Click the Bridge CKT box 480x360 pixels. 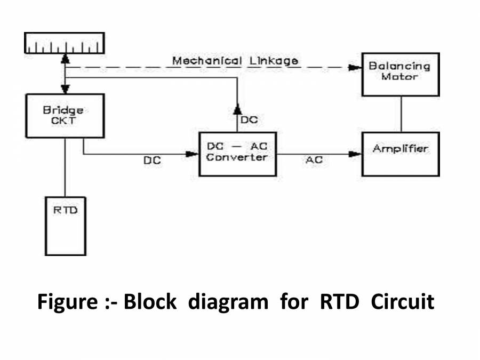(65, 115)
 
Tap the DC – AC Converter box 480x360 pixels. (237, 153)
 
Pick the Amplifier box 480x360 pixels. (401, 153)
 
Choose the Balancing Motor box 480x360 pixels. (401, 74)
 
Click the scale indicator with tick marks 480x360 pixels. (65, 44)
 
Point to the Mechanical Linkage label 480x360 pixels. (235, 61)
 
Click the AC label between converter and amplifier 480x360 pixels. (314, 160)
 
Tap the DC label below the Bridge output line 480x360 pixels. (152, 160)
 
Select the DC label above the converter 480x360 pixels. (249, 120)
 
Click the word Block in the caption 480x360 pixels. (150, 302)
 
